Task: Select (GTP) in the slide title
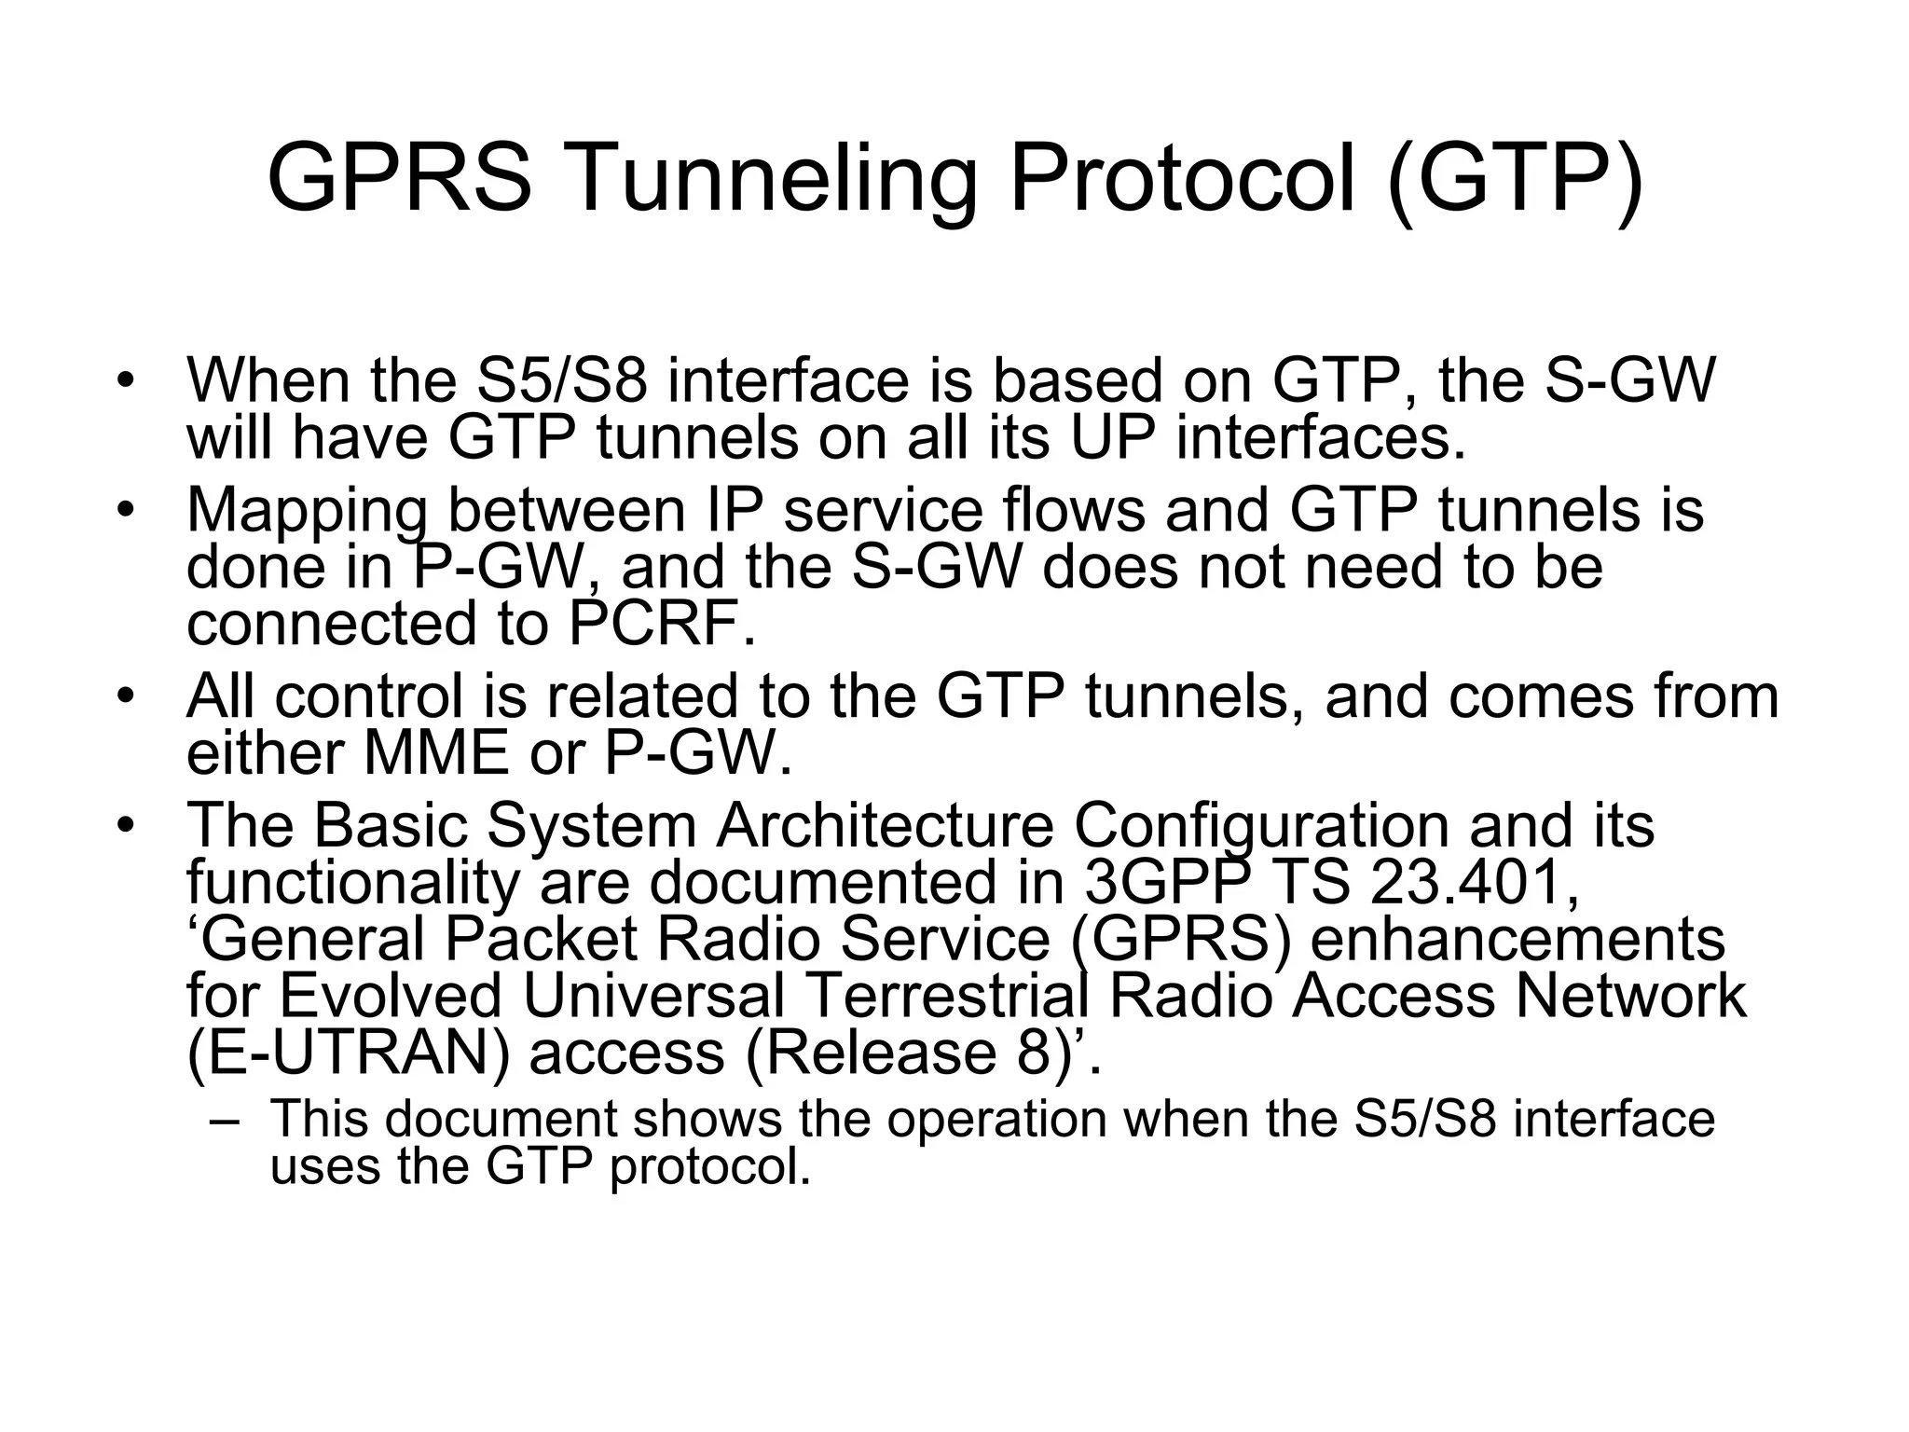pos(1516,179)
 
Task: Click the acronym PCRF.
pos(656,624)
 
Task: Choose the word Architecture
pos(884,825)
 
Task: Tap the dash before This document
pos(225,1120)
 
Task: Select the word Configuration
pos(1261,825)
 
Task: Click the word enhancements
pos(1518,939)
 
